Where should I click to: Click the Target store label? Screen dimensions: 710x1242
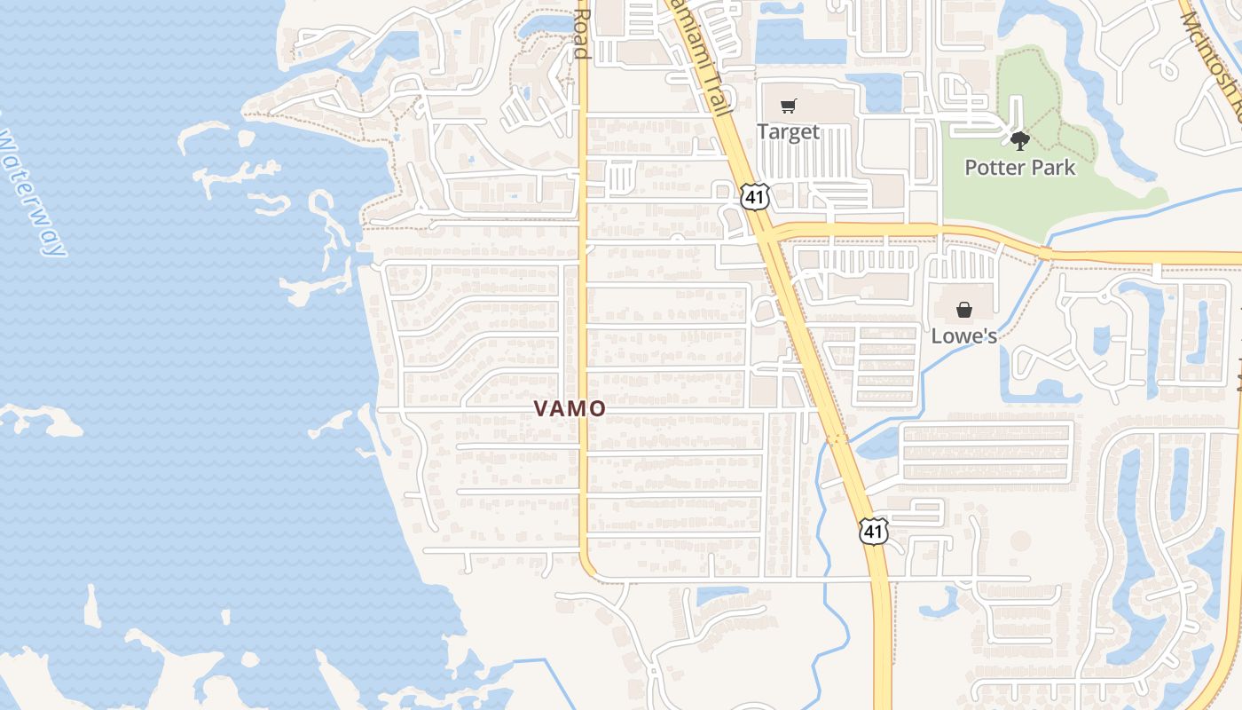[x=788, y=132]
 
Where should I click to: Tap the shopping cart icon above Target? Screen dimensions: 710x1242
[x=789, y=106]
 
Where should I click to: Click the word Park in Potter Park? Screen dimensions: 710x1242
[x=1050, y=167]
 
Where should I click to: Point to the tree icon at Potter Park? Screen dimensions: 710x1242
[x=1020, y=140]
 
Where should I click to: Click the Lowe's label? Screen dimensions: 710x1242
[x=963, y=336]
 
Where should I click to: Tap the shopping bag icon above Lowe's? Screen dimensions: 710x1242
[x=964, y=310]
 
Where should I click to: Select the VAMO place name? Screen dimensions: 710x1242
[x=570, y=408]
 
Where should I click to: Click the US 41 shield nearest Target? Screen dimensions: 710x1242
[x=755, y=196]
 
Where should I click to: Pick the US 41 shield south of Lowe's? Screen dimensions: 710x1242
[x=874, y=531]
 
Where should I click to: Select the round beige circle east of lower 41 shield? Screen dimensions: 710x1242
[x=1020, y=540]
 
